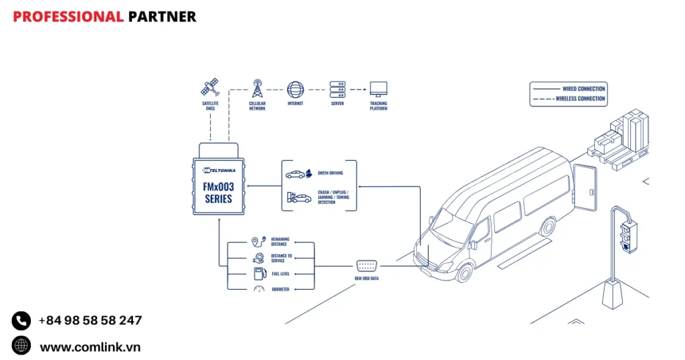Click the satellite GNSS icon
click(x=210, y=88)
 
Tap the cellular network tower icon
click(x=257, y=88)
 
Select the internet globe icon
click(x=295, y=89)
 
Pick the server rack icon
click(x=337, y=88)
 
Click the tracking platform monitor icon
click(x=379, y=89)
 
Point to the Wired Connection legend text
click(x=583, y=88)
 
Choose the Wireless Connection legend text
click(x=580, y=98)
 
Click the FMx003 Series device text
click(x=218, y=193)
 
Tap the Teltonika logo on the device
click(x=218, y=171)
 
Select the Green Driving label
click(x=330, y=173)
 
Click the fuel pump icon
click(x=258, y=273)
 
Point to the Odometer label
click(x=280, y=289)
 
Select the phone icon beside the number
click(x=21, y=321)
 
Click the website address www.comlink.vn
click(x=90, y=347)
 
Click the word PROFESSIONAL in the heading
click(x=68, y=17)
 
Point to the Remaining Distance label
click(x=280, y=242)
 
